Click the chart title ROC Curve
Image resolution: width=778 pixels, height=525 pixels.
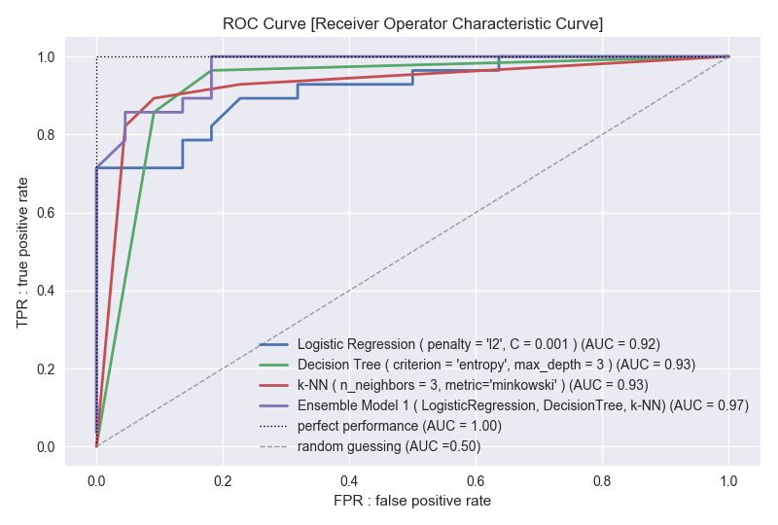tap(412, 23)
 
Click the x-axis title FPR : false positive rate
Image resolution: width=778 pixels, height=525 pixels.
tap(412, 501)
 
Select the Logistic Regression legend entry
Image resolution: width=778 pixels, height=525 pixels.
tap(478, 344)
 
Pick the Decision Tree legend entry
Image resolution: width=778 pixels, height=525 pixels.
tap(496, 365)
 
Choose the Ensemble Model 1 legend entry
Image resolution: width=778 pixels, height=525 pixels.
tap(522, 405)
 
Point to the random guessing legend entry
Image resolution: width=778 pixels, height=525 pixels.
tap(389, 446)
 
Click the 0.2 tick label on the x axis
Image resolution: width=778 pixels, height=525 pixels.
tap(223, 479)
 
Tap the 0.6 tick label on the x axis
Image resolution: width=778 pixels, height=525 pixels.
tap(476, 479)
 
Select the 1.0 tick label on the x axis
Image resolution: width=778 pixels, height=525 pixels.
tap(728, 479)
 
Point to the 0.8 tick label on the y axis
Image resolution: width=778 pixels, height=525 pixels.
tap(46, 135)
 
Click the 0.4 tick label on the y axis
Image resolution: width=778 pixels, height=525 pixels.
tap(46, 291)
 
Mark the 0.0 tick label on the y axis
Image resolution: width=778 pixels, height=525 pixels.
tap(46, 447)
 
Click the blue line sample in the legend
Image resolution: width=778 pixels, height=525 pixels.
tap(275, 344)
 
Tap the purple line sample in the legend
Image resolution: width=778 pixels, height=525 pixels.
tap(275, 405)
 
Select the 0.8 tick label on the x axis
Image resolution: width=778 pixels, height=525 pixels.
tap(602, 479)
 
